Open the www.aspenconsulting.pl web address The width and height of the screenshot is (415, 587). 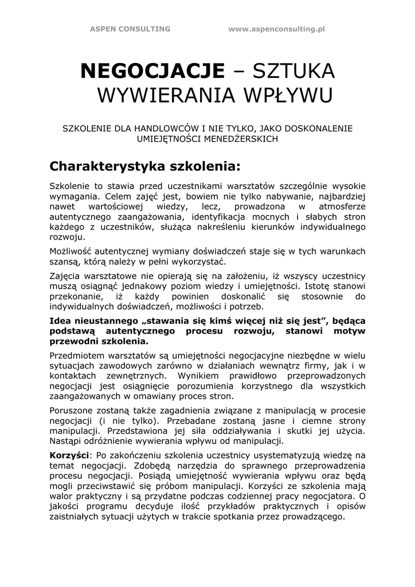tap(276, 29)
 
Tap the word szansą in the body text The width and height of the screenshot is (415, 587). tap(64, 262)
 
